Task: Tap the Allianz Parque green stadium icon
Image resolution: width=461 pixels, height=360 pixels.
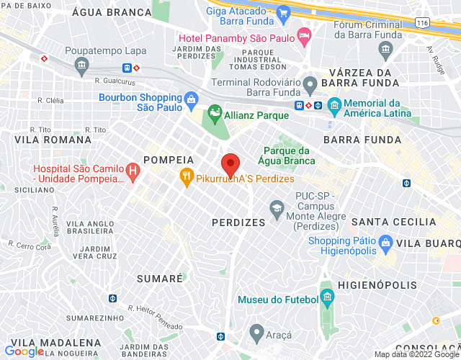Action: pyautogui.click(x=214, y=113)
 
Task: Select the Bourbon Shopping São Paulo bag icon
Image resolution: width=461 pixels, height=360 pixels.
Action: pyautogui.click(x=191, y=99)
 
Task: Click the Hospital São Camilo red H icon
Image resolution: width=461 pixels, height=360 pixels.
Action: pyautogui.click(x=133, y=170)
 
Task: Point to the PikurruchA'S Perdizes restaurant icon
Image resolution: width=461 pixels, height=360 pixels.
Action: pyautogui.click(x=187, y=176)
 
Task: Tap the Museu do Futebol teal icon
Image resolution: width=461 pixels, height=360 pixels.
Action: pyautogui.click(x=328, y=298)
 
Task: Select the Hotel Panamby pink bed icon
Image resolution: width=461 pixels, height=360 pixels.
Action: pyautogui.click(x=305, y=35)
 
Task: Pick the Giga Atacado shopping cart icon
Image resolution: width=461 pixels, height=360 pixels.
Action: pyautogui.click(x=283, y=13)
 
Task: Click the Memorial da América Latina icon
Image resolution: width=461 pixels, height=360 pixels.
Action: pyautogui.click(x=334, y=106)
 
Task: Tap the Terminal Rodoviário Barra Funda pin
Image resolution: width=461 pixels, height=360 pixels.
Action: pyautogui.click(x=310, y=84)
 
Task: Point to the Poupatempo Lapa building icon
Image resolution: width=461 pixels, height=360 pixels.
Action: pyautogui.click(x=81, y=66)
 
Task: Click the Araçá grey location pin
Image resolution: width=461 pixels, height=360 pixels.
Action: pyautogui.click(x=256, y=333)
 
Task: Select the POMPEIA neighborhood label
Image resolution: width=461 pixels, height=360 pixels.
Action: pyautogui.click(x=169, y=159)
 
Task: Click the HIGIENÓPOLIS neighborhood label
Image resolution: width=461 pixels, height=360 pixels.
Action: pyautogui.click(x=377, y=285)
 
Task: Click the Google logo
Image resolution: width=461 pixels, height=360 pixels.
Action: pyautogui.click(x=24, y=351)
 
